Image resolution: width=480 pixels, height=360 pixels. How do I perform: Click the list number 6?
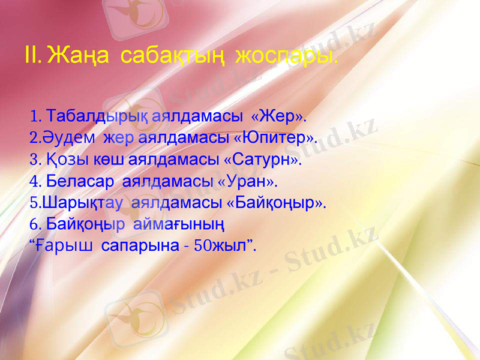coord(34,225)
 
